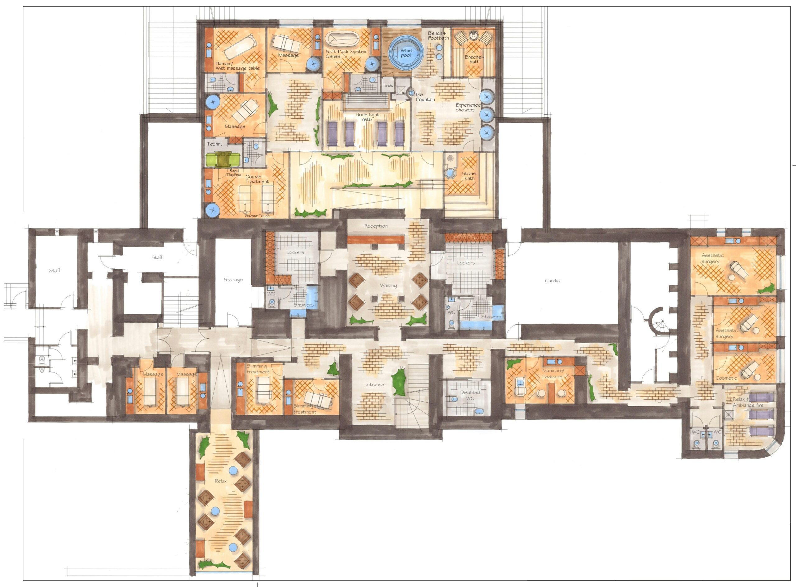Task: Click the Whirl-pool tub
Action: pos(406,54)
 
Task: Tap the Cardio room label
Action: pos(552,281)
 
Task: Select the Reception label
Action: pos(376,226)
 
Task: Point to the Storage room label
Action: pos(233,280)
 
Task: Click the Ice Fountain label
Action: pos(425,97)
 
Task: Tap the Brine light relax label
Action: pos(367,117)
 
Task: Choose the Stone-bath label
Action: pos(470,176)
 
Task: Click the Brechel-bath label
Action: pos(474,59)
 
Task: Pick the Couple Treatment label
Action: pos(257,179)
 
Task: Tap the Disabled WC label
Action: pos(470,395)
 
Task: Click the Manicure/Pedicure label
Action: pos(552,373)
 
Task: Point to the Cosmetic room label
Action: pos(726,378)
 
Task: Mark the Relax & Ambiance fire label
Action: pos(748,402)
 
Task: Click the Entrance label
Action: pos(374,385)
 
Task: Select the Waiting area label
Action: pos(388,285)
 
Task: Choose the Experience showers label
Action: pos(468,107)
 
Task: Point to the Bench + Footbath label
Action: pos(438,35)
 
